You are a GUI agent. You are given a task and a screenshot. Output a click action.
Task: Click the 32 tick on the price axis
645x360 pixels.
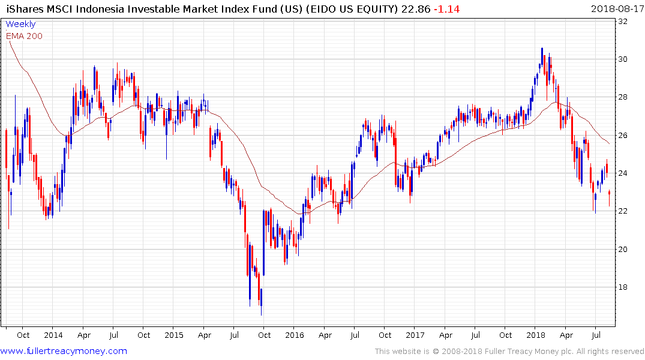pos(623,22)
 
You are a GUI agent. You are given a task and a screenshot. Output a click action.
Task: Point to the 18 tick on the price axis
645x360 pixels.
pos(623,287)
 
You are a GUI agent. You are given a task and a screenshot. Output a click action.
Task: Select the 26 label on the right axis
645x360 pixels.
pos(623,136)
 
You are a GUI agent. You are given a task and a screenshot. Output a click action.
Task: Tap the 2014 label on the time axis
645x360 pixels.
pos(53,335)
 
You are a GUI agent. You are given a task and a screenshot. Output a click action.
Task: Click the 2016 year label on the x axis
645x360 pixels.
pos(295,335)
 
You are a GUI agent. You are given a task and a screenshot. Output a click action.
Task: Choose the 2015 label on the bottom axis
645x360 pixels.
pos(174,335)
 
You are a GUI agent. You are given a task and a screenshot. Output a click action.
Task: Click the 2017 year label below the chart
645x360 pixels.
pos(415,335)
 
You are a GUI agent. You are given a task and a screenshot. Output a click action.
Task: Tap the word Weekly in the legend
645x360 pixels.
pos(20,24)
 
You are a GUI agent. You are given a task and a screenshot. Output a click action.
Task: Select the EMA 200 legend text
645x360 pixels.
pos(24,36)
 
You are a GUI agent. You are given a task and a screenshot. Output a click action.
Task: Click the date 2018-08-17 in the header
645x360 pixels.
pos(616,9)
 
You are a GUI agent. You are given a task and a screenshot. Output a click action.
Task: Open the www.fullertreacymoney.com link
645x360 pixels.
pos(64,351)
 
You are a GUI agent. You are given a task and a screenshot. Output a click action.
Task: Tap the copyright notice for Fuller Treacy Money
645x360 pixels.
pos(509,351)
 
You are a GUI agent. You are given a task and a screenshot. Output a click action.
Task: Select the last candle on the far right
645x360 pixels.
pos(610,193)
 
